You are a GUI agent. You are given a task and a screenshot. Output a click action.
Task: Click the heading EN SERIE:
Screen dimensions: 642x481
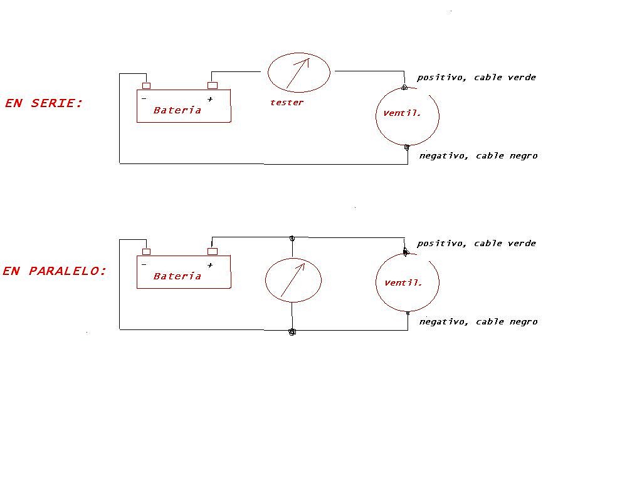click(x=44, y=103)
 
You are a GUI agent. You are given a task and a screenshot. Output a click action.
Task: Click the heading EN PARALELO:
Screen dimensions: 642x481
click(x=55, y=271)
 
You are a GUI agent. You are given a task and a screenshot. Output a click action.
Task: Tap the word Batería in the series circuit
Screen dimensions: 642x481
click(x=177, y=110)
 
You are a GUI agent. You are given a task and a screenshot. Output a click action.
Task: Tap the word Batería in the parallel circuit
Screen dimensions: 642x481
click(x=177, y=276)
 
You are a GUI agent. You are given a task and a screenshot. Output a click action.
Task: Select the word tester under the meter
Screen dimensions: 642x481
click(x=287, y=102)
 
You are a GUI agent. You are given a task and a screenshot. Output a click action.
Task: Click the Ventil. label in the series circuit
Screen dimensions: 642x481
click(x=402, y=113)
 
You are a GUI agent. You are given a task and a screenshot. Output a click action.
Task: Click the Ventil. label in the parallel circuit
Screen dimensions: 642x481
click(x=403, y=282)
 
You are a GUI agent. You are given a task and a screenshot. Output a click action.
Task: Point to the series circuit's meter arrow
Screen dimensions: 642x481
click(x=298, y=74)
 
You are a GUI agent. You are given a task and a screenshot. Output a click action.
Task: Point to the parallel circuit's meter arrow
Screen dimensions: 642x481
click(x=293, y=280)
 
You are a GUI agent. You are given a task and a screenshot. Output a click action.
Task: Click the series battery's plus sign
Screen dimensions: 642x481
click(x=210, y=99)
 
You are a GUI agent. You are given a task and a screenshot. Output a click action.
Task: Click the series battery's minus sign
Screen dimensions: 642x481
click(x=144, y=98)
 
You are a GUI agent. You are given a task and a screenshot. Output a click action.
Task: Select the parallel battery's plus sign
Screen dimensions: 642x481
click(x=210, y=265)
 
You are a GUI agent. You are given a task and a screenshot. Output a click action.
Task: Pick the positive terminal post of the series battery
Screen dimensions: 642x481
click(x=213, y=85)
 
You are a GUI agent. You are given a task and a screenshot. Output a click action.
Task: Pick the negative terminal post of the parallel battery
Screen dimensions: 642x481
click(x=146, y=252)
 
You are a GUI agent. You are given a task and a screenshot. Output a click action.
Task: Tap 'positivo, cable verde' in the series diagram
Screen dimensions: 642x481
click(x=476, y=77)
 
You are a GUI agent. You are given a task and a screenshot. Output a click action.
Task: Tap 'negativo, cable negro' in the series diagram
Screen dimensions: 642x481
click(x=478, y=156)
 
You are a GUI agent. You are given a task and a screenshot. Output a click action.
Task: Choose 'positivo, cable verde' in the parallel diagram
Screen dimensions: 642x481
click(x=476, y=244)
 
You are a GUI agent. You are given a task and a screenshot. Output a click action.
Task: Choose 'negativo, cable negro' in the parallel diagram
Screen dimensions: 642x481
click(x=478, y=322)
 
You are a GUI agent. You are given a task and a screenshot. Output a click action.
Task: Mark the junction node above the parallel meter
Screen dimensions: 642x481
click(x=292, y=239)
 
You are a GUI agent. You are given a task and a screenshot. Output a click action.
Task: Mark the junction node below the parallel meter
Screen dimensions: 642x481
click(x=292, y=332)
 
